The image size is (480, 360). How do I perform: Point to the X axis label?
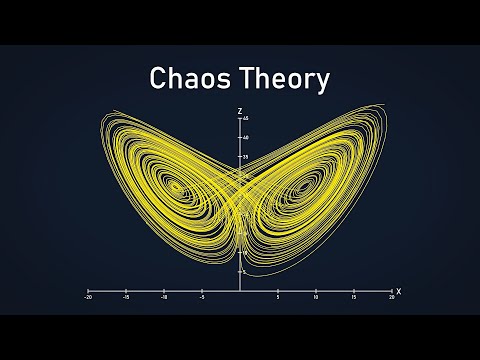pos(398,291)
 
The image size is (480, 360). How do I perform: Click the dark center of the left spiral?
pos(176,185)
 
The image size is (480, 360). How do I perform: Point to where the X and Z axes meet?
pos(240,291)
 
